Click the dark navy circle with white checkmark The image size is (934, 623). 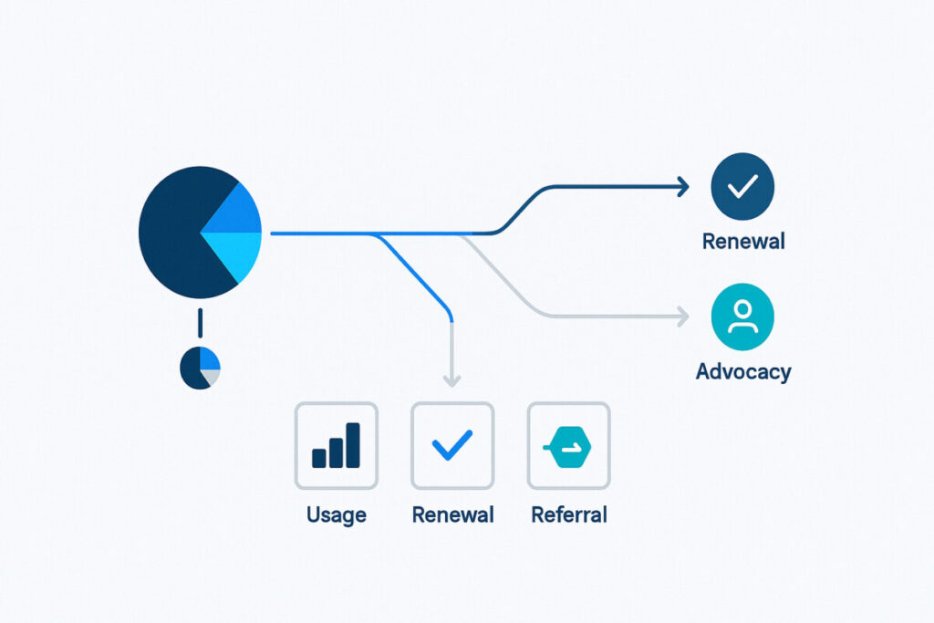[742, 186]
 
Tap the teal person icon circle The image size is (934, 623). [742, 317]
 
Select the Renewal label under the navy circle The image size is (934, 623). [743, 241]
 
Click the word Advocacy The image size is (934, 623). [743, 371]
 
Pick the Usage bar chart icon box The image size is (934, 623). [337, 445]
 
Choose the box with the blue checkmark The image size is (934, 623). [452, 445]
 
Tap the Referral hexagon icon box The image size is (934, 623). [569, 445]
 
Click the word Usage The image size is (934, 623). [337, 514]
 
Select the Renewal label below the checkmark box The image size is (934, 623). [452, 514]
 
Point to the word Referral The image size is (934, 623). [569, 514]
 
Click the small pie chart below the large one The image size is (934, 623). [200, 368]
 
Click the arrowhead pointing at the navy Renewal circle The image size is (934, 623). [683, 187]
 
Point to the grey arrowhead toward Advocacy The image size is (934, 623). [683, 317]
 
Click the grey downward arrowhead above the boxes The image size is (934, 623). [452, 380]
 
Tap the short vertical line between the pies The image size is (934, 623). [200, 323]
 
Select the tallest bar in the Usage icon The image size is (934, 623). [353, 445]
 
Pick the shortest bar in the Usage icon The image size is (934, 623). [319, 458]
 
